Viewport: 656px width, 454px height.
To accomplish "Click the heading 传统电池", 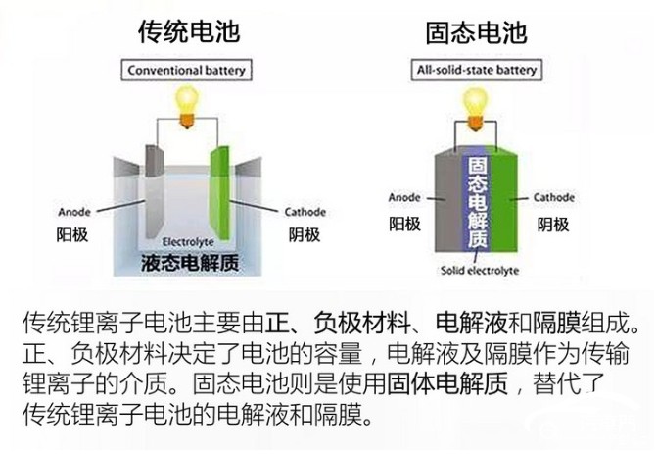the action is click(189, 31).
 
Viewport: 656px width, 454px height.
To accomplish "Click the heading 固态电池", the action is click(476, 32).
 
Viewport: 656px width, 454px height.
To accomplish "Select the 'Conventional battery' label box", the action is click(186, 70).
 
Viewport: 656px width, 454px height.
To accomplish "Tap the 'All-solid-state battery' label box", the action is click(477, 70).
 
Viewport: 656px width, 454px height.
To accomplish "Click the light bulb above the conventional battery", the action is click(187, 106).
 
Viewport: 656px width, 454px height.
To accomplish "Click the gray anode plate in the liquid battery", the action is click(154, 192).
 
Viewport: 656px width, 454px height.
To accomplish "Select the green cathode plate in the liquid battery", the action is click(219, 192).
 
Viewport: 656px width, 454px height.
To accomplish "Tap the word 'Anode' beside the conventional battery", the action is click(74, 212).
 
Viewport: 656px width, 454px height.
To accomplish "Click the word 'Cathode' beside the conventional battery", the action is click(305, 212).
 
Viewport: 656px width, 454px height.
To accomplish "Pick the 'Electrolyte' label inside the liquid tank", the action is click(188, 242).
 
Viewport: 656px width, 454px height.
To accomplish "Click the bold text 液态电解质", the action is click(190, 263).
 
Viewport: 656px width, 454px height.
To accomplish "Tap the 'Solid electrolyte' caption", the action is click(480, 271).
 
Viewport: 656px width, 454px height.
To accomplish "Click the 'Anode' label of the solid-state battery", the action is click(404, 197).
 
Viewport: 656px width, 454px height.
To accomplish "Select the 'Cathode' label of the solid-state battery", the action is click(554, 197).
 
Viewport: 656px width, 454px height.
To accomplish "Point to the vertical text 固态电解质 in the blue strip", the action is click(478, 202).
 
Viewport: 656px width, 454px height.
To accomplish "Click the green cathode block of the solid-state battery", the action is click(503, 201).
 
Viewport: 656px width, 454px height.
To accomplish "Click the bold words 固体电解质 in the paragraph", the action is click(447, 382).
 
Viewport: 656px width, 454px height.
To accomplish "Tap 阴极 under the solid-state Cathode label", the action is click(553, 225).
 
